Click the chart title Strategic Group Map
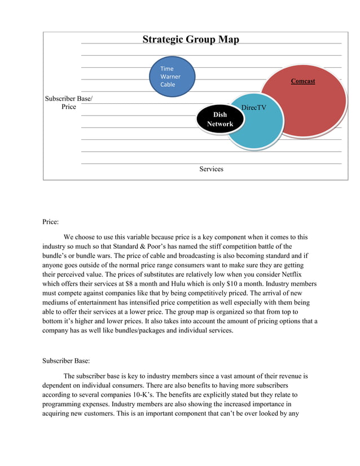coord(190,39)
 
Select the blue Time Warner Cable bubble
coord(172,76)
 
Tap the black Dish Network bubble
coord(220,119)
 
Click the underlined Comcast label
coord(303,81)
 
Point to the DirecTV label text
coord(253,107)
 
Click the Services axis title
coord(211,169)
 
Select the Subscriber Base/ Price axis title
coord(69,103)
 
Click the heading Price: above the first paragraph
coord(51,222)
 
